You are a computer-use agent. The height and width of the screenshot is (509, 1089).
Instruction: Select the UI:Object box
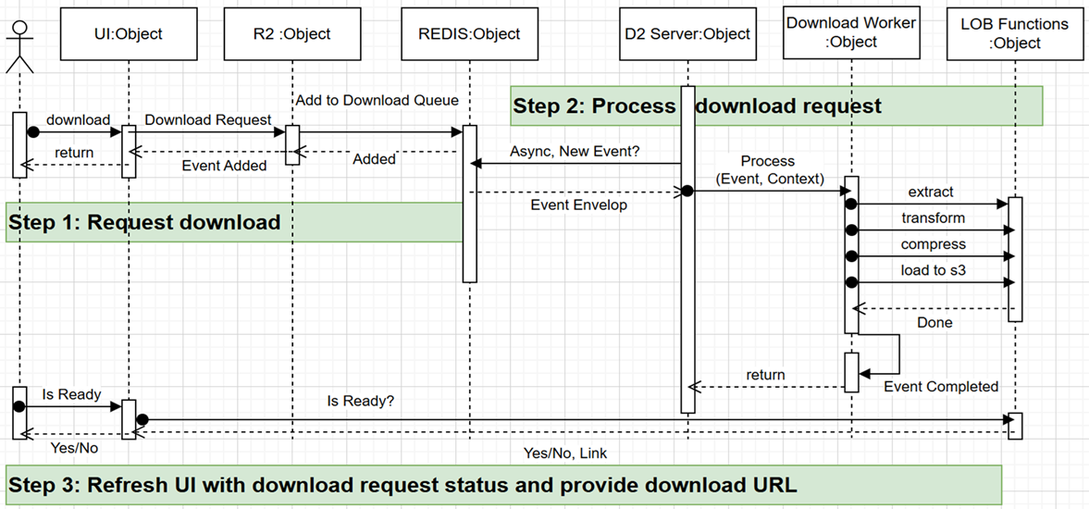tap(128, 34)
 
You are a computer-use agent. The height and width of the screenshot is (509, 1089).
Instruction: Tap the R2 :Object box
tap(291, 34)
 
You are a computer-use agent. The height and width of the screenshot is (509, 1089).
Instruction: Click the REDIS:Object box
tap(469, 34)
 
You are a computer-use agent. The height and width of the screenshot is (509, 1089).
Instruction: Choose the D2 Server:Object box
tap(687, 34)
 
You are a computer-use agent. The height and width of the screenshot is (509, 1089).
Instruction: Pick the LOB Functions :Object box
tap(1013, 33)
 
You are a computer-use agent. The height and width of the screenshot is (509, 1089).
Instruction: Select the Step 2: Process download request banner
tap(776, 106)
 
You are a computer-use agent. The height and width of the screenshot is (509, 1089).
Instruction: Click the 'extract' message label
tap(930, 192)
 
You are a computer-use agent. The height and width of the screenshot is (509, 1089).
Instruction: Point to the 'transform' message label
tap(933, 218)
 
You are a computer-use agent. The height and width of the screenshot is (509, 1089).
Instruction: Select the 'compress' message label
tap(933, 244)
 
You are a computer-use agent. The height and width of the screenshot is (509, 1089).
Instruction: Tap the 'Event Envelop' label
tap(578, 205)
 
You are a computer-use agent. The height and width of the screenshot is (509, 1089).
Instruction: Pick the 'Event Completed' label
tap(941, 386)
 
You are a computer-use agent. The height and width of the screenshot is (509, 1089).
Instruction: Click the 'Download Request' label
tap(208, 119)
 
